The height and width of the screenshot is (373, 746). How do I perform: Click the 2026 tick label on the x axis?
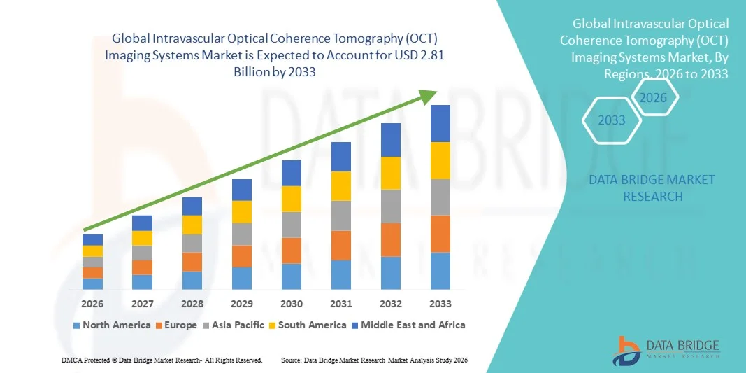click(x=92, y=304)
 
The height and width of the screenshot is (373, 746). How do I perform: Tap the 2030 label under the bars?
click(x=292, y=304)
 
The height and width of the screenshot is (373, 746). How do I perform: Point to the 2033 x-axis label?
click(x=440, y=304)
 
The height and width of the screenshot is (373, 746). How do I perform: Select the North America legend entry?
click(x=112, y=325)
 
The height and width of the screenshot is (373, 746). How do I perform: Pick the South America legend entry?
click(x=308, y=325)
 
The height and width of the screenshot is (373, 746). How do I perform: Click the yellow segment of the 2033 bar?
click(x=440, y=160)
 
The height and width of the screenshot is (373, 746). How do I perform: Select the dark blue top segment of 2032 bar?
click(x=391, y=140)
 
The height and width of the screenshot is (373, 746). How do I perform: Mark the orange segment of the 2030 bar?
click(x=292, y=250)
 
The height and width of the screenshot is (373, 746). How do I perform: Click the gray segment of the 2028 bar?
click(x=192, y=243)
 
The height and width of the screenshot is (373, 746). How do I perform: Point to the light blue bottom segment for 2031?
click(x=341, y=274)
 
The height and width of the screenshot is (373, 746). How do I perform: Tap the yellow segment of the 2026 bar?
click(x=92, y=251)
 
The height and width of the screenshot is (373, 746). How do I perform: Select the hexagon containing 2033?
click(x=612, y=120)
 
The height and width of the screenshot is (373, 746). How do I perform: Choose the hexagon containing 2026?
click(x=654, y=97)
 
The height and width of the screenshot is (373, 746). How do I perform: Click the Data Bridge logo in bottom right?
click(x=665, y=349)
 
